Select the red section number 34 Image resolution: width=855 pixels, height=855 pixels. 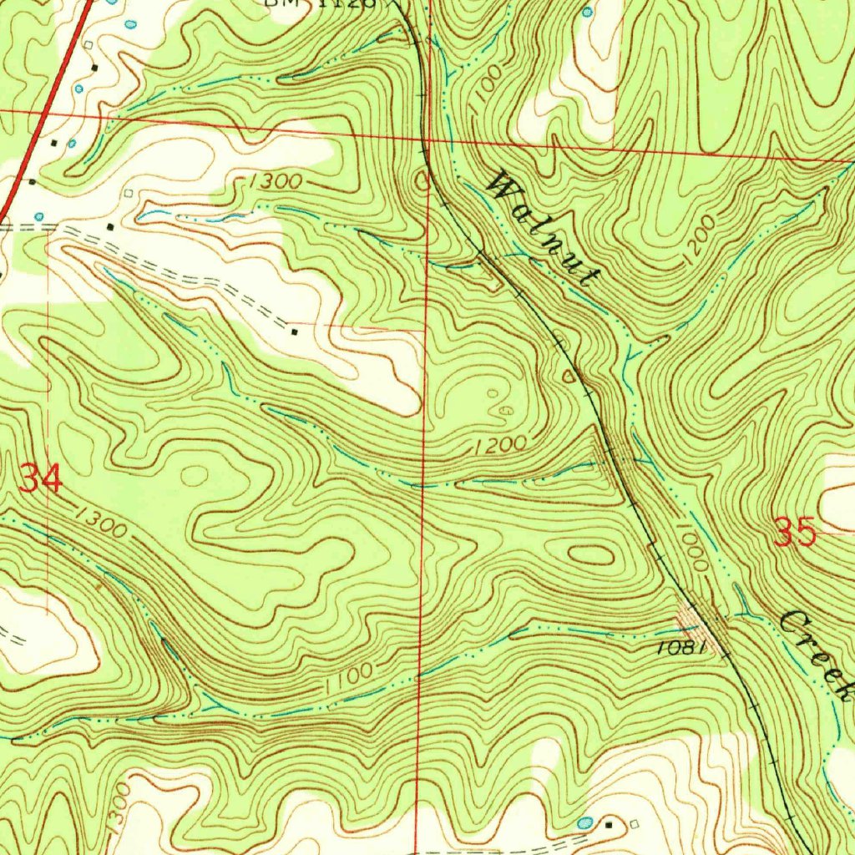pyautogui.click(x=40, y=479)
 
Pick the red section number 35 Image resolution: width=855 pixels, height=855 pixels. pyautogui.click(x=794, y=532)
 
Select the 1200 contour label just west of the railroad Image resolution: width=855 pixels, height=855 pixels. pyautogui.click(x=500, y=446)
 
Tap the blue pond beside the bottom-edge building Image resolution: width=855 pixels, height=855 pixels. pyautogui.click(x=584, y=822)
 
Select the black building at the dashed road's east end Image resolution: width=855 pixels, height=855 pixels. pyautogui.click(x=294, y=332)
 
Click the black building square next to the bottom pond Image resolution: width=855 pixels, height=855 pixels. pyautogui.click(x=609, y=824)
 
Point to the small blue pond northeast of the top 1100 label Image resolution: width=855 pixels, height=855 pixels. pyautogui.click(x=586, y=13)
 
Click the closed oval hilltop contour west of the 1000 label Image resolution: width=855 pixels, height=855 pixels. pyautogui.click(x=590, y=554)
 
